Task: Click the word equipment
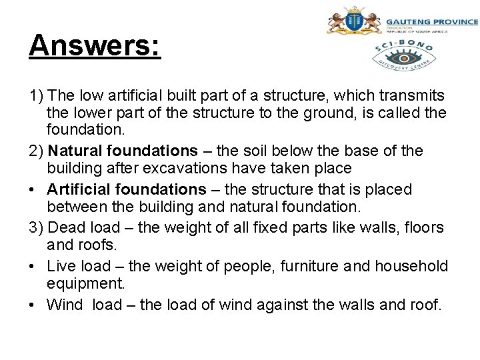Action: click(85, 285)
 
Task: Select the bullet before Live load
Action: click(33, 267)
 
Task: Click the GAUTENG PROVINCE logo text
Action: click(431, 23)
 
